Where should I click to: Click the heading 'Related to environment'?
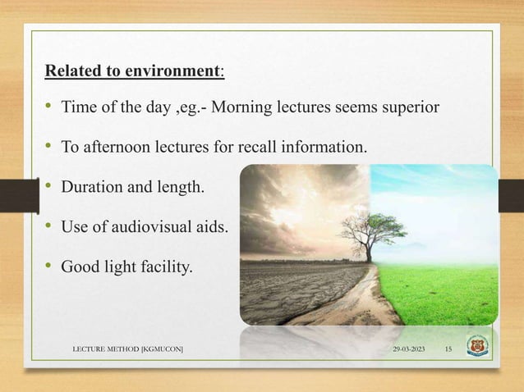coord(133,71)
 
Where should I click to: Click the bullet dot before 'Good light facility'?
coord(50,265)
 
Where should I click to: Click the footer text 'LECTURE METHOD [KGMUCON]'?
coord(127,350)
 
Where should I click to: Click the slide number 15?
coord(448,350)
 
